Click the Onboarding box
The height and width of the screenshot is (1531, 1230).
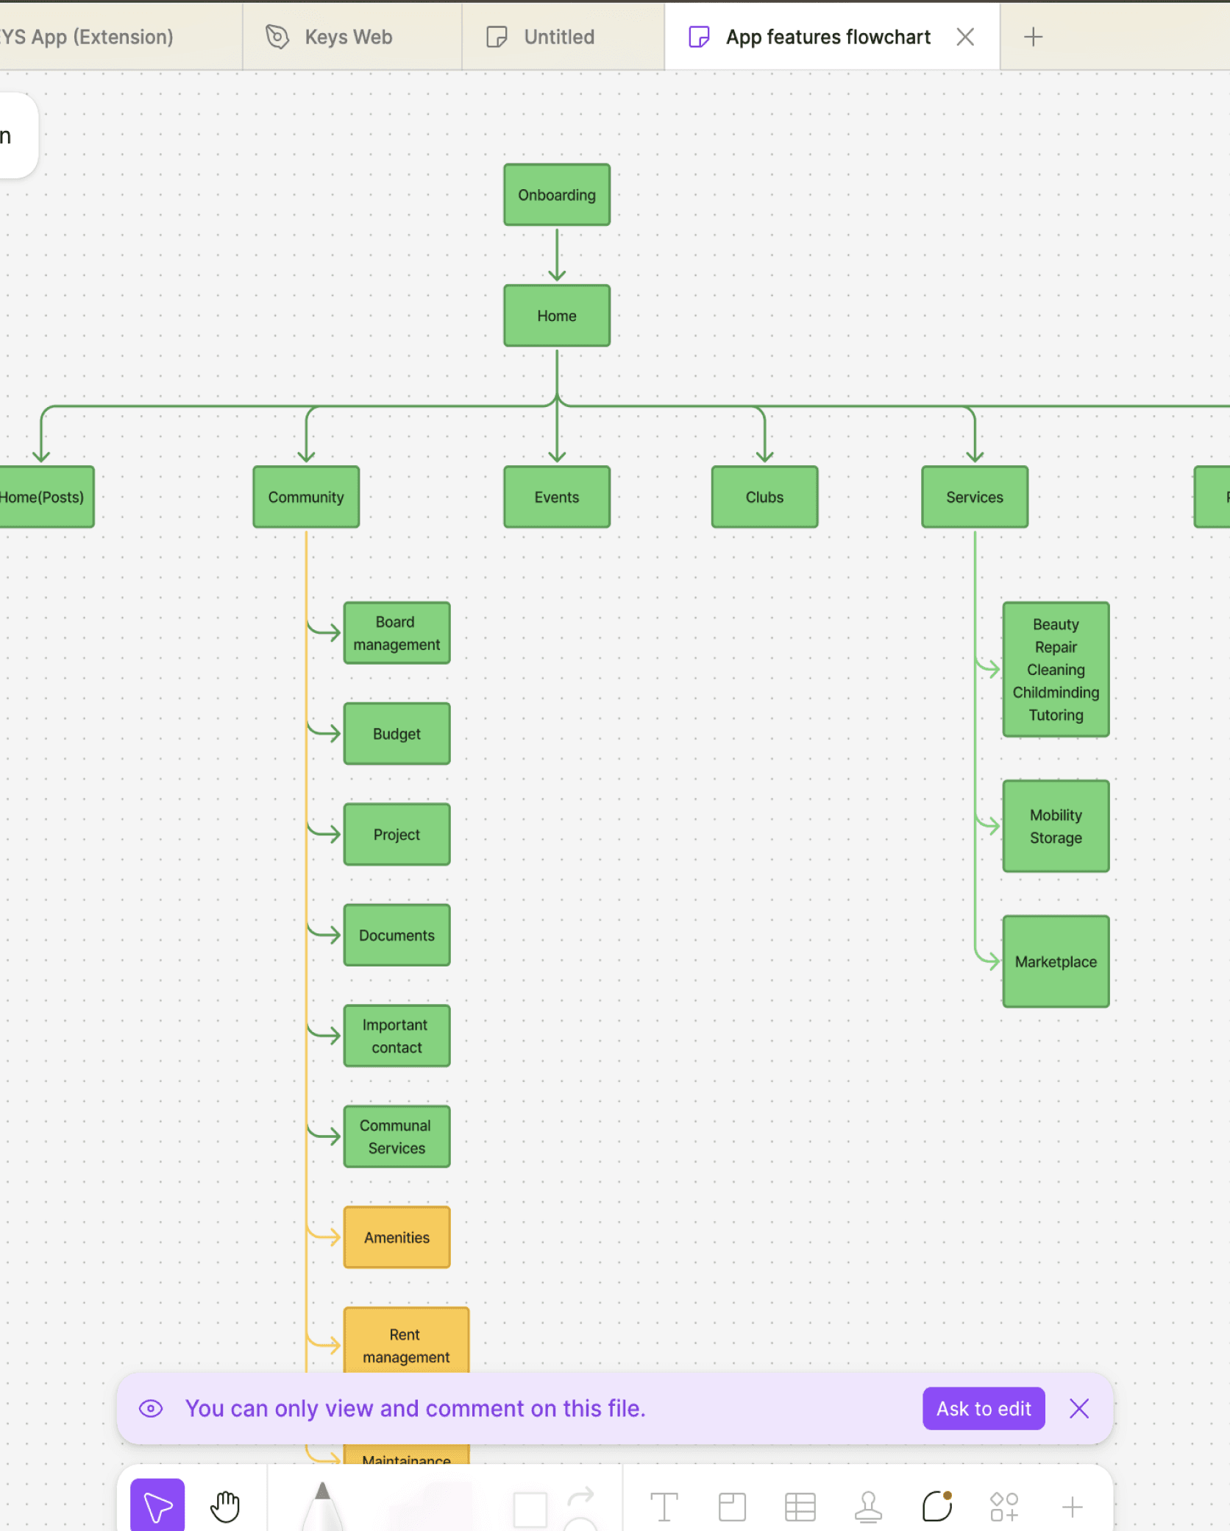click(556, 195)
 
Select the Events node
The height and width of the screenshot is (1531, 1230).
click(556, 497)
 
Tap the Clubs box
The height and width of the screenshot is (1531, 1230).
click(764, 497)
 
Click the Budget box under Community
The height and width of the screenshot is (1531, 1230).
click(397, 734)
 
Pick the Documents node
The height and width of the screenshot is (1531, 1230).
click(397, 936)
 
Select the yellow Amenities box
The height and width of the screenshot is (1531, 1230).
click(397, 1237)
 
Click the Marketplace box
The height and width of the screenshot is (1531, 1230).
click(1056, 962)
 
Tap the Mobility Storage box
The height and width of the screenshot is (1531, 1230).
click(1056, 826)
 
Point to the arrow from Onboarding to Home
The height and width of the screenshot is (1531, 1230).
click(557, 255)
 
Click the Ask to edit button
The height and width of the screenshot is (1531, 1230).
click(984, 1409)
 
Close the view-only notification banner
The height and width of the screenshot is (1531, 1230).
click(1079, 1409)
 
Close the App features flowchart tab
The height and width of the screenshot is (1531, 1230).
click(965, 37)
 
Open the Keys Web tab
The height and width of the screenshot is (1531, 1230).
click(348, 37)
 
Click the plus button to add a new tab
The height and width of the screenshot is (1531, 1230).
click(1033, 37)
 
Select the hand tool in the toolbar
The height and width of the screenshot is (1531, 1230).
click(225, 1506)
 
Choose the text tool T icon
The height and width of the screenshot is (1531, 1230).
click(664, 1507)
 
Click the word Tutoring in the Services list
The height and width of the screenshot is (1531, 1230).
click(1056, 715)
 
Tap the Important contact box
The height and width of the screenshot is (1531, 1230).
click(397, 1036)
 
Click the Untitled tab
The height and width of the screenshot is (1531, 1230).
click(558, 37)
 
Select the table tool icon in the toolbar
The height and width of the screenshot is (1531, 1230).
click(800, 1507)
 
